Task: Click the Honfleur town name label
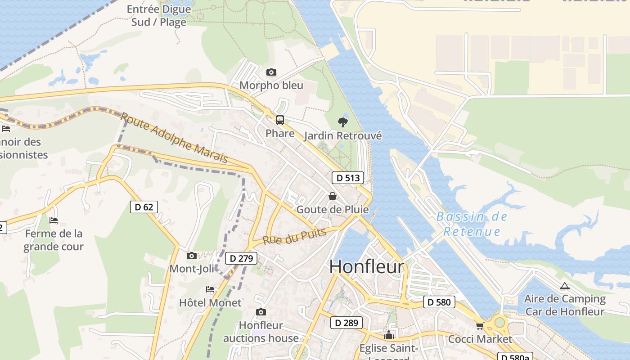click(367, 267)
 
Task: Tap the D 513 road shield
click(348, 178)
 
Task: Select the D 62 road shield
click(144, 207)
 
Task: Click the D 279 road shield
click(241, 258)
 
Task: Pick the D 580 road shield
click(439, 302)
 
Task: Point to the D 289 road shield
click(346, 323)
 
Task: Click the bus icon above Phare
click(280, 120)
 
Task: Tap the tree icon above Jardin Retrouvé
click(343, 122)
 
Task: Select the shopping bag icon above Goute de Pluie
click(333, 196)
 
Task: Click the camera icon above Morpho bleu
click(271, 72)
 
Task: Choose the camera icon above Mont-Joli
click(192, 256)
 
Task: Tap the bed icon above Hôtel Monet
click(210, 289)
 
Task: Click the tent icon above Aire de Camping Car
click(564, 286)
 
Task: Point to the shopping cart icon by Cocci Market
click(480, 326)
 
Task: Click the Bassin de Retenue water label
click(472, 224)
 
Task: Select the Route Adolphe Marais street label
click(174, 138)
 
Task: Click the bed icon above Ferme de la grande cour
click(54, 220)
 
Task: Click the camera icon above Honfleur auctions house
click(261, 312)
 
